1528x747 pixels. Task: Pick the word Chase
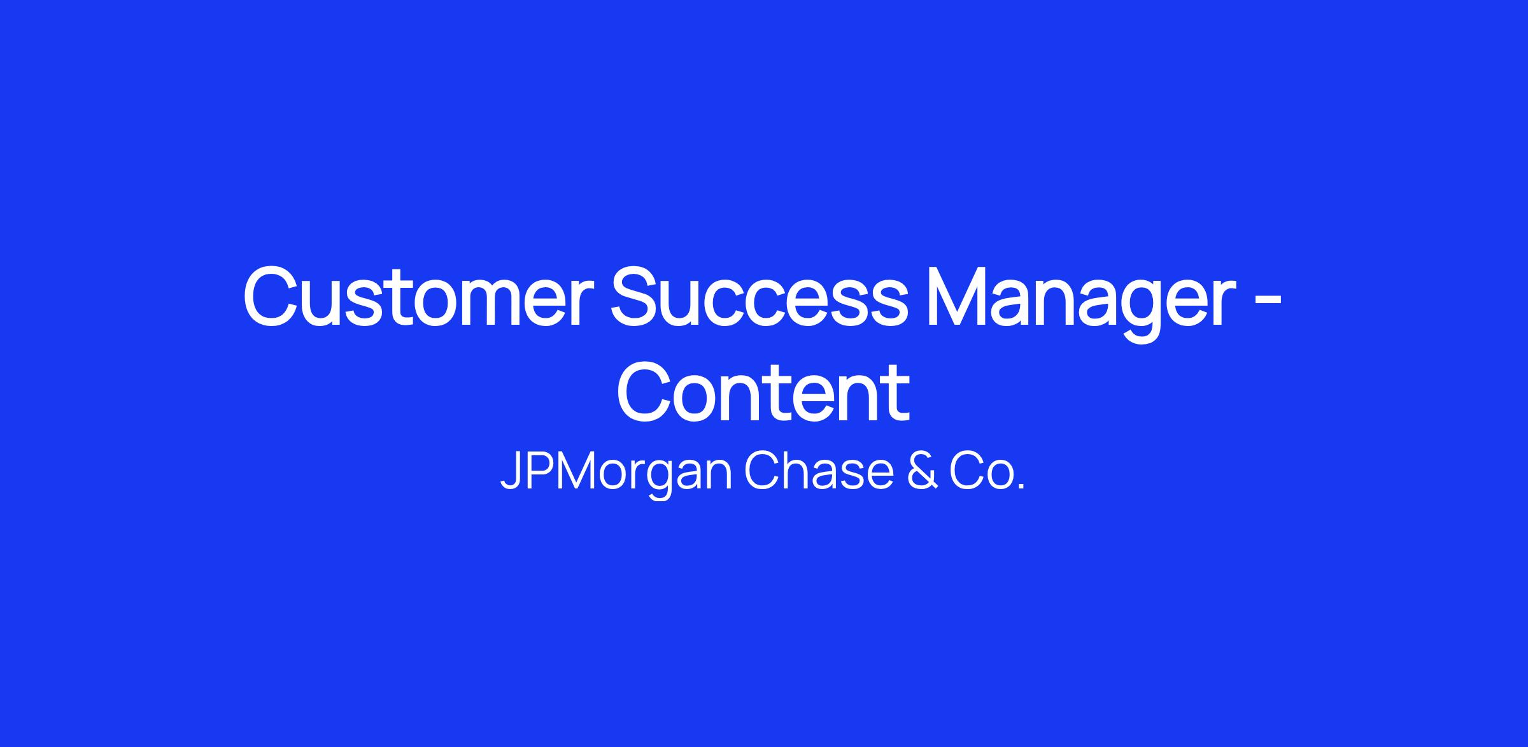819,472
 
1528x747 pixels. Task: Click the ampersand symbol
921,472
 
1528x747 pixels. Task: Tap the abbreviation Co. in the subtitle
987,472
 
